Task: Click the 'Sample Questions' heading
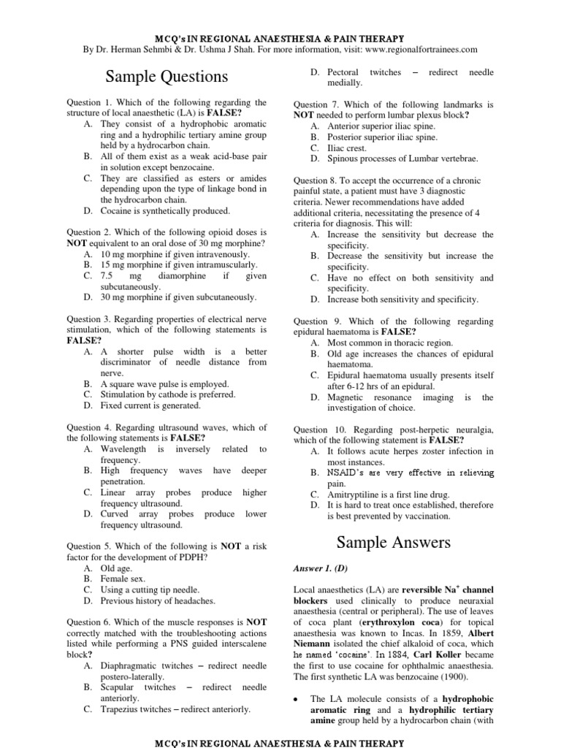167,77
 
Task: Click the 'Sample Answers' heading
394,542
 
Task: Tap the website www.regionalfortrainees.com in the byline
416,50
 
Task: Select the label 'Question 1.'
88,103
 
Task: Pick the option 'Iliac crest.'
347,148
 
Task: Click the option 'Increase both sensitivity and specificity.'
402,299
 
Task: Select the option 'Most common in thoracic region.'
390,342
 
